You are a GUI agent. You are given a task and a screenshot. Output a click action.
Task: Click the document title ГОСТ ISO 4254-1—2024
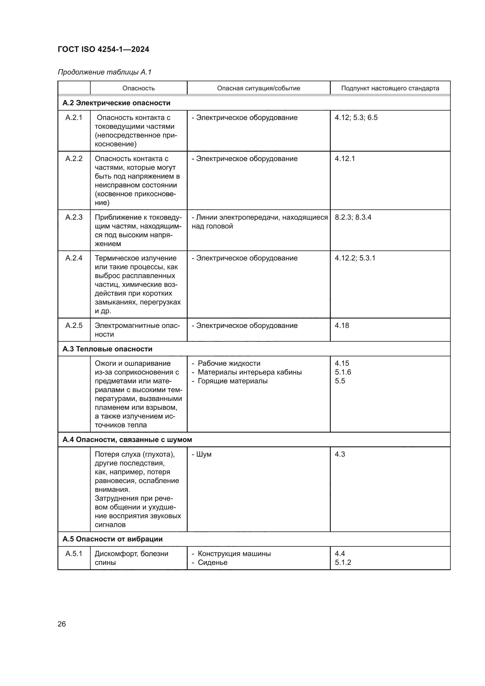(103, 49)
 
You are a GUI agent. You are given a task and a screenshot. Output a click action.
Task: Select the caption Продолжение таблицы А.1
(104, 72)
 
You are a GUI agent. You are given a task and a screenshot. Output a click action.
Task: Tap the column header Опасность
(139, 88)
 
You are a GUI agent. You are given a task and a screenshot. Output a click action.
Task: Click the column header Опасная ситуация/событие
(258, 88)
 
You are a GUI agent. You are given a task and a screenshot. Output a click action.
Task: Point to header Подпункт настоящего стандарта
(390, 88)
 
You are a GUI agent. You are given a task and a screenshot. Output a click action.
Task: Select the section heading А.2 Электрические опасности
(116, 103)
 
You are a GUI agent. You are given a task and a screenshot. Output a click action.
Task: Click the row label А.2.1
(74, 117)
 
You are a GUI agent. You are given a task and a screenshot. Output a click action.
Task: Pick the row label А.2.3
(74, 217)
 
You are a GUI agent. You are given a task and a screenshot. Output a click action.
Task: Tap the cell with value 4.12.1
(345, 159)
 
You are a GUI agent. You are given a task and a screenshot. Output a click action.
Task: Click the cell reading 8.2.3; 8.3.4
(353, 217)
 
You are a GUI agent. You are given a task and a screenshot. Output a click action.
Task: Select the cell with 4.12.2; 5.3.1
(355, 258)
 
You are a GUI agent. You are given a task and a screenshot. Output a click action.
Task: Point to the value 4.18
(342, 325)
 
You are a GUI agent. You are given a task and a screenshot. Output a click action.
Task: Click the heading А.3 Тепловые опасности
(107, 349)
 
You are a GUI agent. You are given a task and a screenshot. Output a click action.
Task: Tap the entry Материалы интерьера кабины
(249, 372)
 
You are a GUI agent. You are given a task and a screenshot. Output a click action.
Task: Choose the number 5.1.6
(342, 372)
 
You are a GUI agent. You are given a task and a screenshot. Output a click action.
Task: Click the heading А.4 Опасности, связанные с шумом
(127, 440)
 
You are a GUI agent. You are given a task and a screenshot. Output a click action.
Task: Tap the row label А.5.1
(74, 554)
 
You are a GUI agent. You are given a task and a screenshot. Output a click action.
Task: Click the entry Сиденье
(212, 563)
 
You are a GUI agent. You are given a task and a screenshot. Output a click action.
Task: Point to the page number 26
(62, 624)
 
